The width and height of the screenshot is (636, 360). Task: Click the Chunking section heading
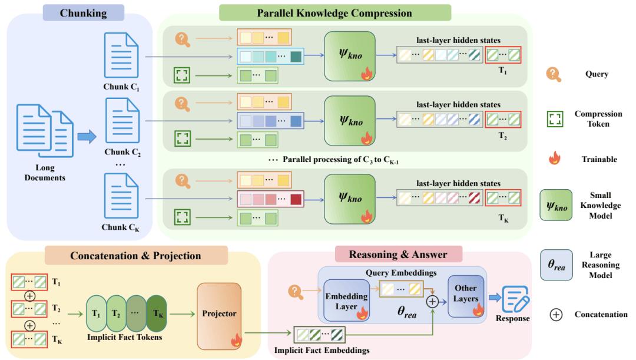[x=83, y=13]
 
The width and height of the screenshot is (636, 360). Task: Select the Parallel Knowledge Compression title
[x=334, y=13]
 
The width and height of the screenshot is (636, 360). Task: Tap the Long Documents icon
[x=45, y=131]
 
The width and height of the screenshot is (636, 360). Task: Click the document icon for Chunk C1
[x=121, y=55]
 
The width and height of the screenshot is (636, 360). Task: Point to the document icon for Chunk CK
[x=121, y=196]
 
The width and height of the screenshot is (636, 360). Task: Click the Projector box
[x=219, y=316]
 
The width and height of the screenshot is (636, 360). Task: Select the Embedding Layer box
[x=346, y=300]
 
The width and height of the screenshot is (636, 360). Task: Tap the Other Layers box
[x=466, y=296]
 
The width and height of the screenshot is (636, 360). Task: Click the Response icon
[x=515, y=299]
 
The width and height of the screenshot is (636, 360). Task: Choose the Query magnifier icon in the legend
[x=554, y=74]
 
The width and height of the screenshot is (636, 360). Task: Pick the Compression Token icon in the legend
[x=555, y=119]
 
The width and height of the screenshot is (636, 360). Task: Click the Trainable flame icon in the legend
[x=555, y=158]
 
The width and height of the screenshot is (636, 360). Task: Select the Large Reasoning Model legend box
[x=556, y=265]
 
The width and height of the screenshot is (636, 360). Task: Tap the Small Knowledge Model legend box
[x=556, y=206]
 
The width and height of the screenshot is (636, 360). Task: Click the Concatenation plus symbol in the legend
[x=556, y=315]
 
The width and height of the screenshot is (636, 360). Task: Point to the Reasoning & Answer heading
[x=398, y=255]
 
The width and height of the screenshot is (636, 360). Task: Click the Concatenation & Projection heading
[x=136, y=255]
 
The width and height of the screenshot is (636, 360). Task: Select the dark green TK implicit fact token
[x=157, y=313]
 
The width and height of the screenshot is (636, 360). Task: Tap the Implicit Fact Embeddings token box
[x=320, y=335]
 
